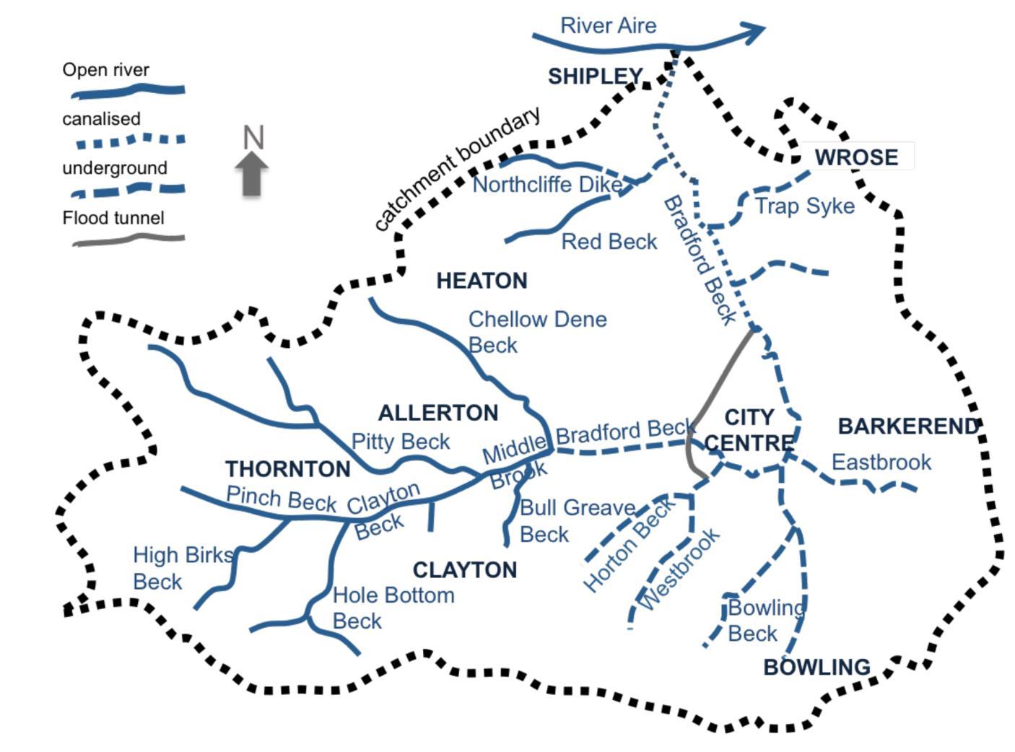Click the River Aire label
click(608, 26)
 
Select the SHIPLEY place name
click(595, 76)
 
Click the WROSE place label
click(856, 157)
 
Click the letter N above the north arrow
click(253, 137)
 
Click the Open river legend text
click(105, 70)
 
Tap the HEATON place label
click(482, 281)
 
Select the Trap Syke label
click(804, 206)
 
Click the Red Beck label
click(609, 242)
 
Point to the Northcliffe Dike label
click(546, 185)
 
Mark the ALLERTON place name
click(438, 413)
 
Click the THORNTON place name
click(287, 469)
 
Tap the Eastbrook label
click(881, 462)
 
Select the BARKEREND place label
click(907, 427)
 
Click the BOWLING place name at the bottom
click(816, 667)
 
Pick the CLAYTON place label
click(464, 570)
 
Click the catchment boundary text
click(457, 169)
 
